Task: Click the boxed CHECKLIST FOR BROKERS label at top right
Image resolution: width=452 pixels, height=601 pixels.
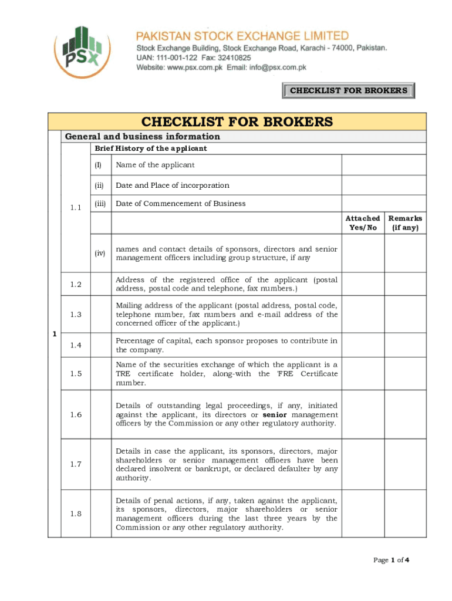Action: (x=348, y=90)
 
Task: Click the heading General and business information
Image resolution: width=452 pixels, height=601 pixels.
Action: (x=143, y=137)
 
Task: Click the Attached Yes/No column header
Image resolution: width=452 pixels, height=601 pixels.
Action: (x=362, y=222)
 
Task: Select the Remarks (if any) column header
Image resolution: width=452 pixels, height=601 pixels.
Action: (x=405, y=222)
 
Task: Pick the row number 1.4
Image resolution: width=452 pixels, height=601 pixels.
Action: (x=76, y=345)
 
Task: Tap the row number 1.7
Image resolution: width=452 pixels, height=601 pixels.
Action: (x=76, y=464)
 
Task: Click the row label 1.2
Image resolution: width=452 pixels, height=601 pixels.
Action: (x=76, y=285)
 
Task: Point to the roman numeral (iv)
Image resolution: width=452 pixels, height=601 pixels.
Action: (x=100, y=253)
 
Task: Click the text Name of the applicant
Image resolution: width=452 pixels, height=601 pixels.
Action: (x=155, y=165)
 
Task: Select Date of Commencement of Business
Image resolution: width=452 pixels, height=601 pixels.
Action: (x=180, y=204)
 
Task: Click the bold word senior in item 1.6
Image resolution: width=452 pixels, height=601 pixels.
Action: (x=274, y=415)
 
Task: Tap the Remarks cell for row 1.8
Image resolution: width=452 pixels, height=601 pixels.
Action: (x=405, y=514)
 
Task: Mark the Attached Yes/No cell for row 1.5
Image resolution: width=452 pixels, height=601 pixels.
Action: (x=362, y=374)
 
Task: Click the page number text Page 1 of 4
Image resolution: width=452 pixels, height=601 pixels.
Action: (x=392, y=560)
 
